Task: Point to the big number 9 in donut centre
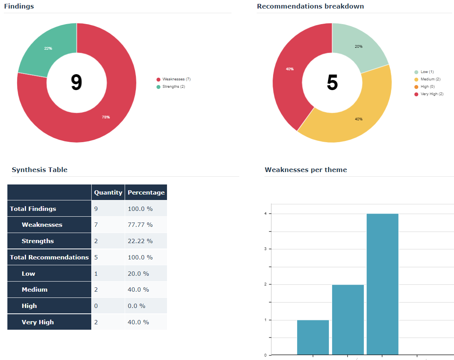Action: (77, 83)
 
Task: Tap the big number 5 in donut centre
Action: (332, 83)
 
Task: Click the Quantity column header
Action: (108, 192)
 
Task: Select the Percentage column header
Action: (146, 192)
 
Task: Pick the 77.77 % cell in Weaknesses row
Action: (140, 225)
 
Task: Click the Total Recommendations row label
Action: (49, 257)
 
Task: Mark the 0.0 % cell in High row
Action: (136, 306)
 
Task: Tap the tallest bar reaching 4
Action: (383, 283)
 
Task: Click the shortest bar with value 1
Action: (313, 337)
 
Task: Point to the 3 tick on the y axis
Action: (265, 249)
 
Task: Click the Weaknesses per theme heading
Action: (306, 170)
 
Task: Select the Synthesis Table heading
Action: (40, 170)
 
